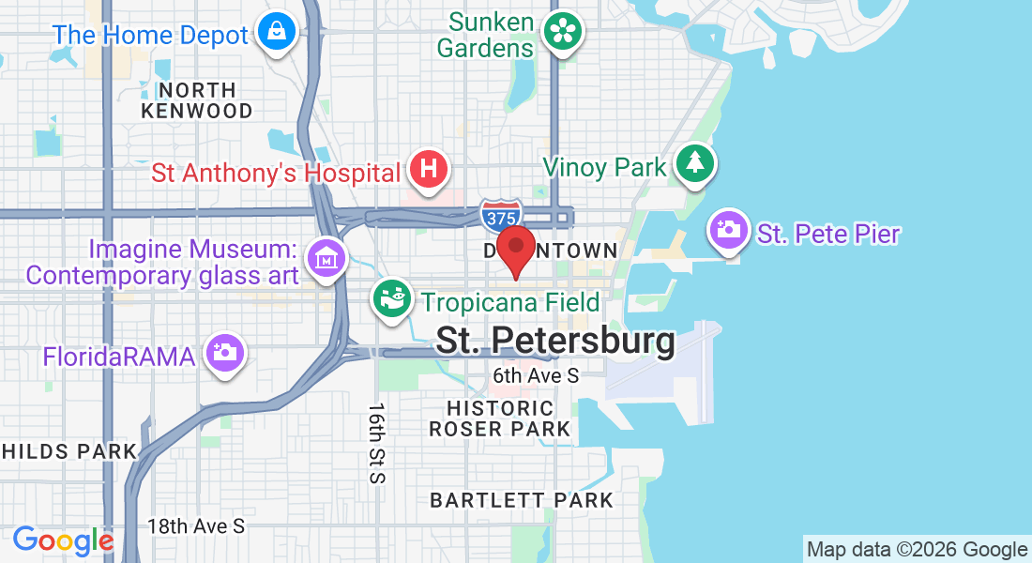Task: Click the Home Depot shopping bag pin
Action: point(279,33)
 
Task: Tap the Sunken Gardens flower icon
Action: point(565,33)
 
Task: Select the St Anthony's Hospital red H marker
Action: point(429,171)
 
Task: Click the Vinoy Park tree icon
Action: point(694,164)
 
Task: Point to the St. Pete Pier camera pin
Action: point(729,229)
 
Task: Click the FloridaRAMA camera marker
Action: point(225,354)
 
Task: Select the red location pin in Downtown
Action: point(515,250)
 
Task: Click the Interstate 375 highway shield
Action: point(500,216)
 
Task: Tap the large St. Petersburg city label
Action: point(555,341)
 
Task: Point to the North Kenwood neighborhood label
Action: point(196,100)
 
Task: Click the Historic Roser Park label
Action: point(500,418)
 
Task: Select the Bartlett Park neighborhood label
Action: point(522,500)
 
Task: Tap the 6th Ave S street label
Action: point(536,375)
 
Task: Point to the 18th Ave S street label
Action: point(196,525)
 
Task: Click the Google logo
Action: point(63,540)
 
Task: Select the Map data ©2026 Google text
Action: point(917,550)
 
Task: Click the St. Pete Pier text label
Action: point(828,234)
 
